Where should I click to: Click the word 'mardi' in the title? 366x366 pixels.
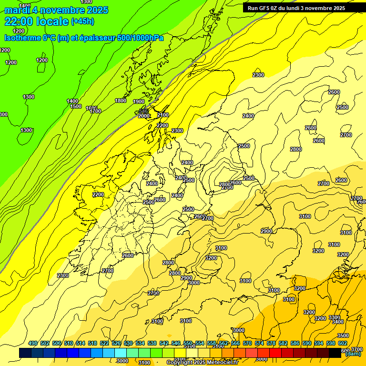click(17, 10)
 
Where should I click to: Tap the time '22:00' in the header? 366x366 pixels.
click(20, 21)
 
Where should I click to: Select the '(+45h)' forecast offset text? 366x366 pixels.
click(82, 21)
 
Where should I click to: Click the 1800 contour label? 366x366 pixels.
click(121, 101)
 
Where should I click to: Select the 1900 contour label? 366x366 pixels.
click(139, 102)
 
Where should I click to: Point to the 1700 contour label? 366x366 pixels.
click(96, 111)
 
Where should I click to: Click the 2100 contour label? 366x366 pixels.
click(163, 115)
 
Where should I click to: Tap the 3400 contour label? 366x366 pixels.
click(337, 322)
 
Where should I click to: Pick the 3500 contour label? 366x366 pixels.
click(343, 335)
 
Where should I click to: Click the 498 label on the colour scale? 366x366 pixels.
click(33, 344)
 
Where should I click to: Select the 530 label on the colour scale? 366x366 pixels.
click(128, 344)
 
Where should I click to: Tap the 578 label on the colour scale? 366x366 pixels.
click(271, 344)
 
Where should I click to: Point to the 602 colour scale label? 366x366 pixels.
click(343, 344)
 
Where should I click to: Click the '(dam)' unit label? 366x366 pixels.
click(353, 354)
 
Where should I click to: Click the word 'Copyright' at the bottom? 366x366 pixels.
click(181, 363)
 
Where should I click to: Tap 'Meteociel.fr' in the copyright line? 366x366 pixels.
click(223, 363)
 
